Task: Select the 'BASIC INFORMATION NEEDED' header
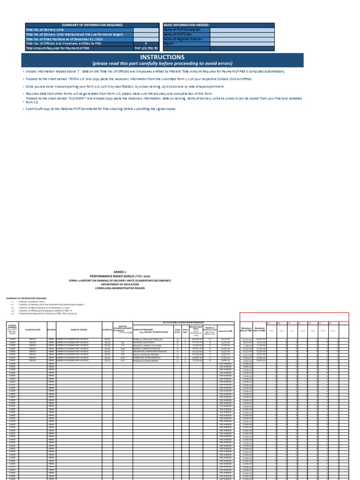pos(187,24)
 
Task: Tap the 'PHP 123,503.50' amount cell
pos(147,48)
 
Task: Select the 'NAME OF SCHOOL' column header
pos(79,330)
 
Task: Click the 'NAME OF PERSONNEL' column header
pos(152,330)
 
